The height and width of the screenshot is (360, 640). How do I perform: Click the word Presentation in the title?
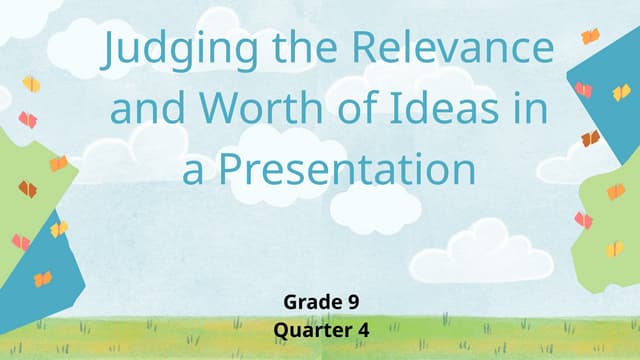pos(346,168)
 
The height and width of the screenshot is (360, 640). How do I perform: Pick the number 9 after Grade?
pos(353,301)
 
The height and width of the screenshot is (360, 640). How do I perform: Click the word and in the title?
pos(144,108)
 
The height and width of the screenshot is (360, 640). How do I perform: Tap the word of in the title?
pos(346,108)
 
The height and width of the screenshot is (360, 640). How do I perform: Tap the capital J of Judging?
pos(110,50)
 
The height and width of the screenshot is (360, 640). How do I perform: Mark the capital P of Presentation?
pos(230,167)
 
